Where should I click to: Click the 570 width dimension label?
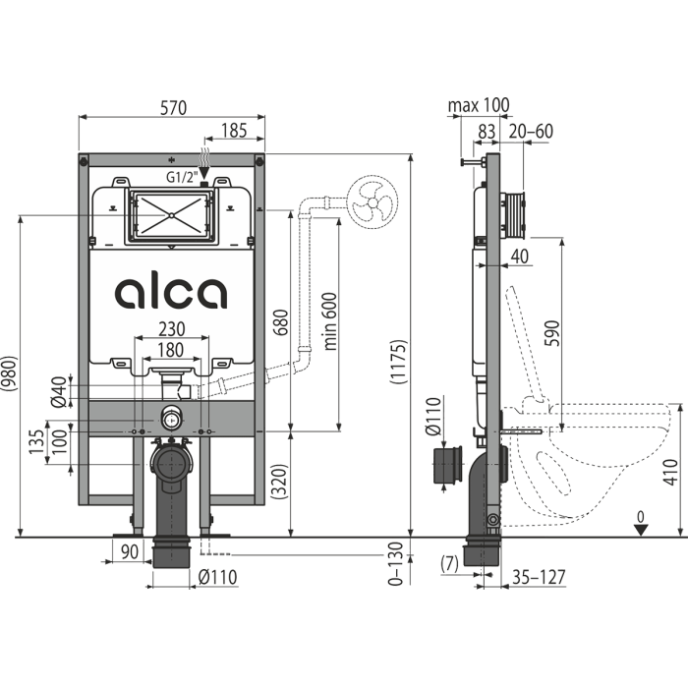(x=173, y=107)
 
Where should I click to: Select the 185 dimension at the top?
(x=234, y=131)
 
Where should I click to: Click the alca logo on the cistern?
(x=171, y=293)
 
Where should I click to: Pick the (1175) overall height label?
(x=399, y=362)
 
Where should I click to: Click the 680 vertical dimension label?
(x=281, y=322)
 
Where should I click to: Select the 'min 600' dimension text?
(x=330, y=321)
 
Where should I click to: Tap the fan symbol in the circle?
(x=373, y=202)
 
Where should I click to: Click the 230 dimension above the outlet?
(x=172, y=329)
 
